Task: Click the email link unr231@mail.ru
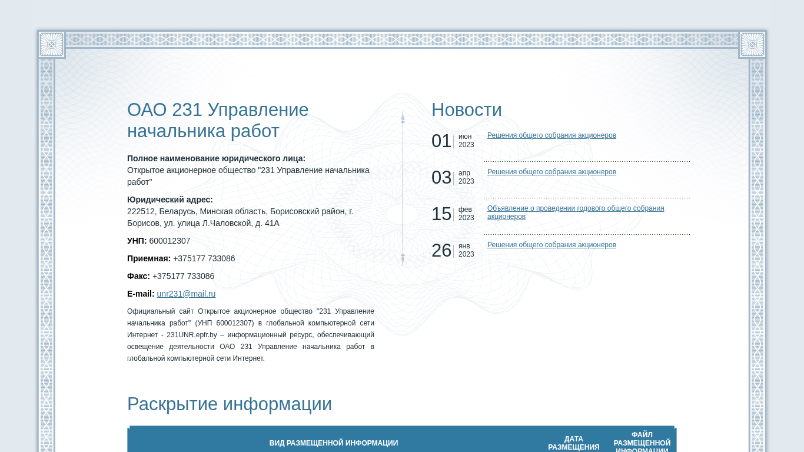(x=186, y=294)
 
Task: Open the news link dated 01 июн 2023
(x=551, y=135)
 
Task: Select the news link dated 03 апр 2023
(x=551, y=172)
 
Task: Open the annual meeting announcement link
(x=576, y=212)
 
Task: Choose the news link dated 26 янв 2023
(x=551, y=245)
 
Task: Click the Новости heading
(x=466, y=109)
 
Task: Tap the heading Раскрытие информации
(x=230, y=404)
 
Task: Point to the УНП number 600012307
(x=170, y=241)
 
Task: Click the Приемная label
(x=148, y=258)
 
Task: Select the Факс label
(x=138, y=276)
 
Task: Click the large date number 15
(x=441, y=214)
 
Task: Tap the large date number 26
(x=441, y=251)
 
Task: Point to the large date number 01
(x=441, y=141)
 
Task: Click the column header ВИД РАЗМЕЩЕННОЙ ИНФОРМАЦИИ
(x=334, y=443)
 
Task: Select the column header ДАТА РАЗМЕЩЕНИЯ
(x=573, y=443)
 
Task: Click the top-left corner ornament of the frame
(x=51, y=45)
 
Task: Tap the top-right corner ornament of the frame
(x=752, y=45)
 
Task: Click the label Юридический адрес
(x=170, y=200)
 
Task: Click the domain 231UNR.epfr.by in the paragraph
(x=192, y=335)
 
